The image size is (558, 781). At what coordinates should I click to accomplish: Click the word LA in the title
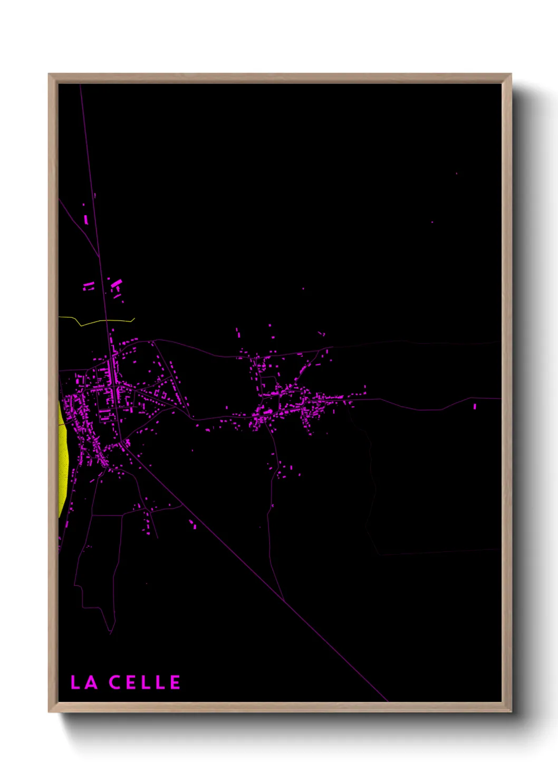pyautogui.click(x=84, y=682)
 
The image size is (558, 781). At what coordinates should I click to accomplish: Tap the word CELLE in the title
pyautogui.click(x=145, y=682)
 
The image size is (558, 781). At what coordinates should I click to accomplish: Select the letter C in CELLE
pyautogui.click(x=116, y=682)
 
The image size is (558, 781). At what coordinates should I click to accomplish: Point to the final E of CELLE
pyautogui.click(x=175, y=682)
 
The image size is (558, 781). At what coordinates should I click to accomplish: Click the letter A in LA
pyautogui.click(x=91, y=682)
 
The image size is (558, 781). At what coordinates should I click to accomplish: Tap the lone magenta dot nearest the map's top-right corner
pyautogui.click(x=457, y=173)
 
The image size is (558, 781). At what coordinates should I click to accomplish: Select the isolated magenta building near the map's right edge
pyautogui.click(x=475, y=406)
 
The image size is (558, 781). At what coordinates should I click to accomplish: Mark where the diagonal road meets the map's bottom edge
pyautogui.click(x=388, y=701)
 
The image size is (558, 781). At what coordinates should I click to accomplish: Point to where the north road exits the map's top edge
pyautogui.click(x=80, y=85)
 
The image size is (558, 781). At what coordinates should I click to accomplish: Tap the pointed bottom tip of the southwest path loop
pyautogui.click(x=111, y=632)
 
